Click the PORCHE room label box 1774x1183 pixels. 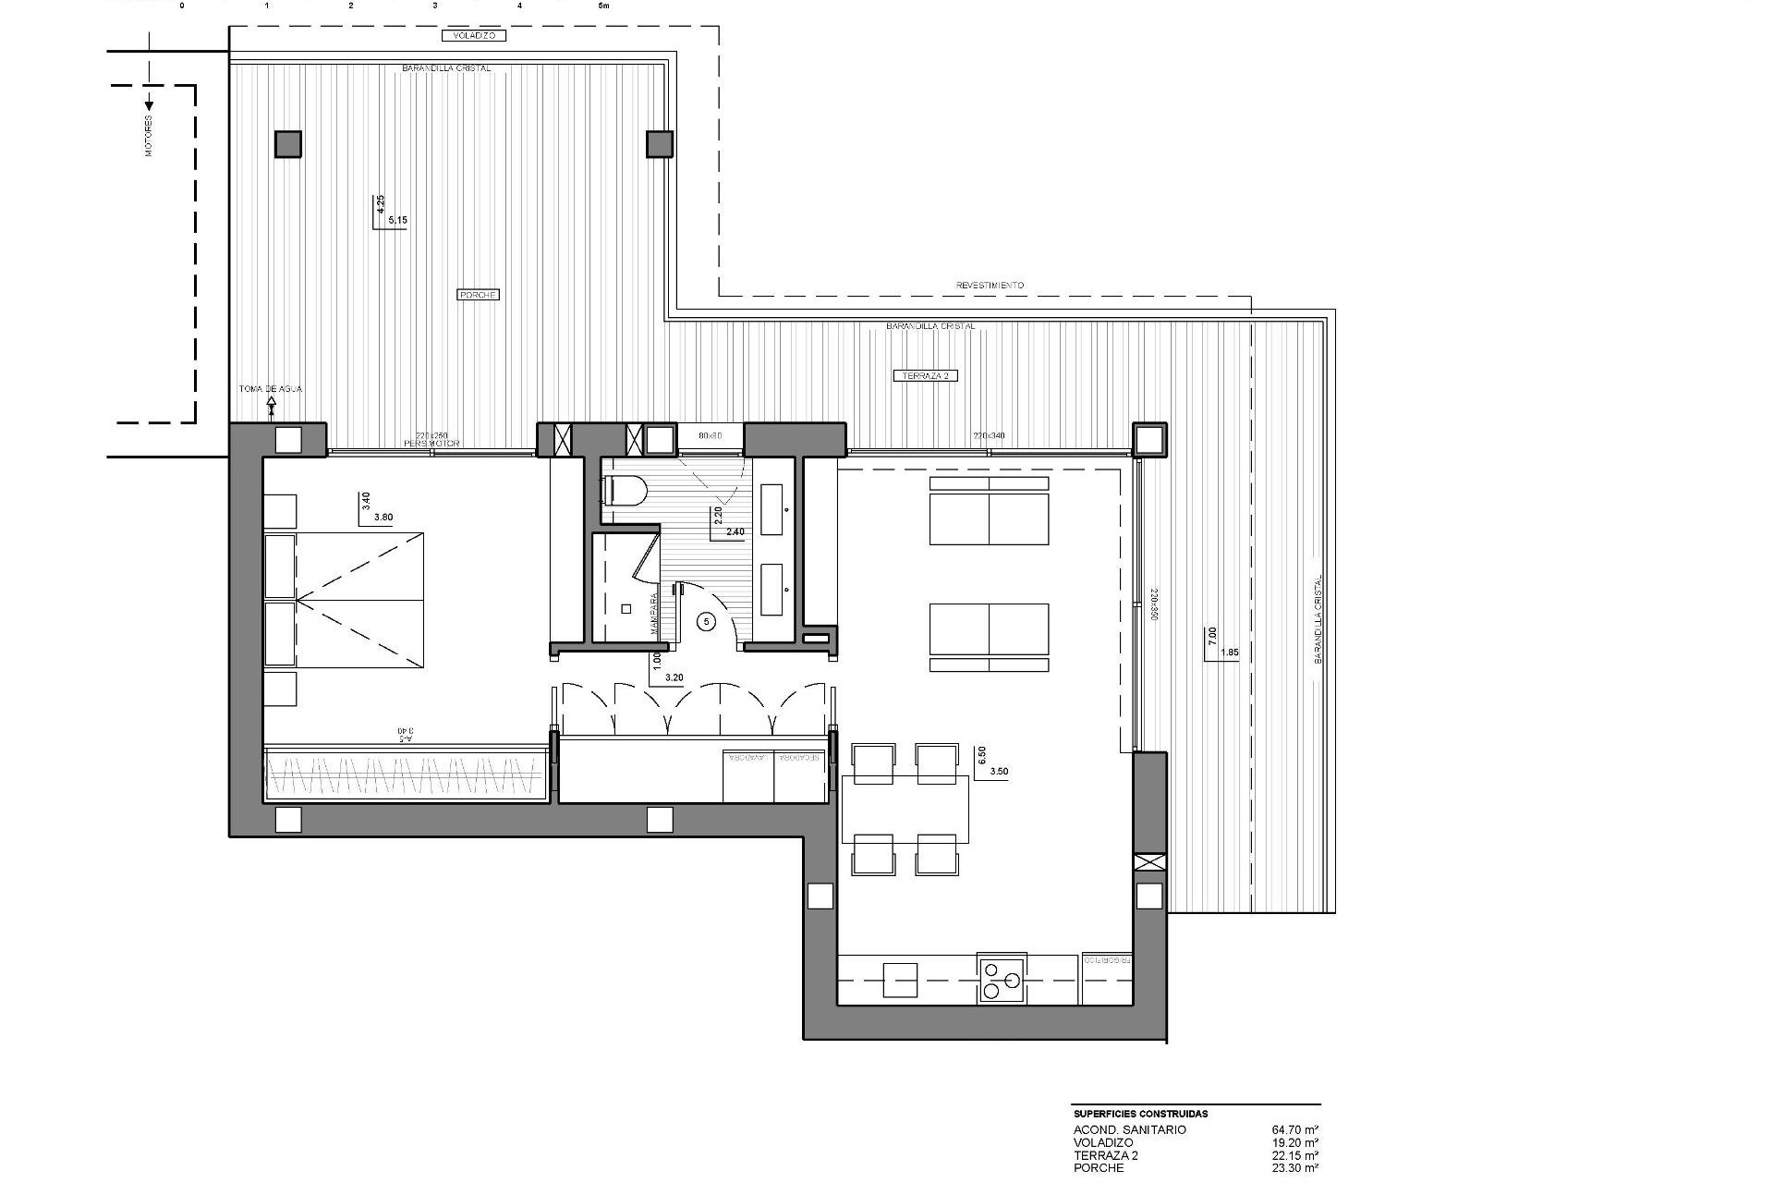point(478,295)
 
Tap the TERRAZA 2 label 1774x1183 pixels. point(925,375)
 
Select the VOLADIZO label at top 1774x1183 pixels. point(474,36)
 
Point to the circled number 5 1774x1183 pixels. point(707,622)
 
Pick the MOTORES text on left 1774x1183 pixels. point(149,136)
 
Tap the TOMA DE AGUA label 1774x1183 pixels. point(270,389)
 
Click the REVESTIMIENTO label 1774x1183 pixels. point(990,286)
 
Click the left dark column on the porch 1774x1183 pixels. point(287,144)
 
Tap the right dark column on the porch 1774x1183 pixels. point(659,143)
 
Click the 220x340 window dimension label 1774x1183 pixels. point(989,435)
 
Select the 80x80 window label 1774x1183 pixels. point(710,435)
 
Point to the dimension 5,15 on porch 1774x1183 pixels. point(397,221)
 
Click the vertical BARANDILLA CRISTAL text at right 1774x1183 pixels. point(1318,619)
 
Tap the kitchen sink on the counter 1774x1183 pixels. point(900,980)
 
